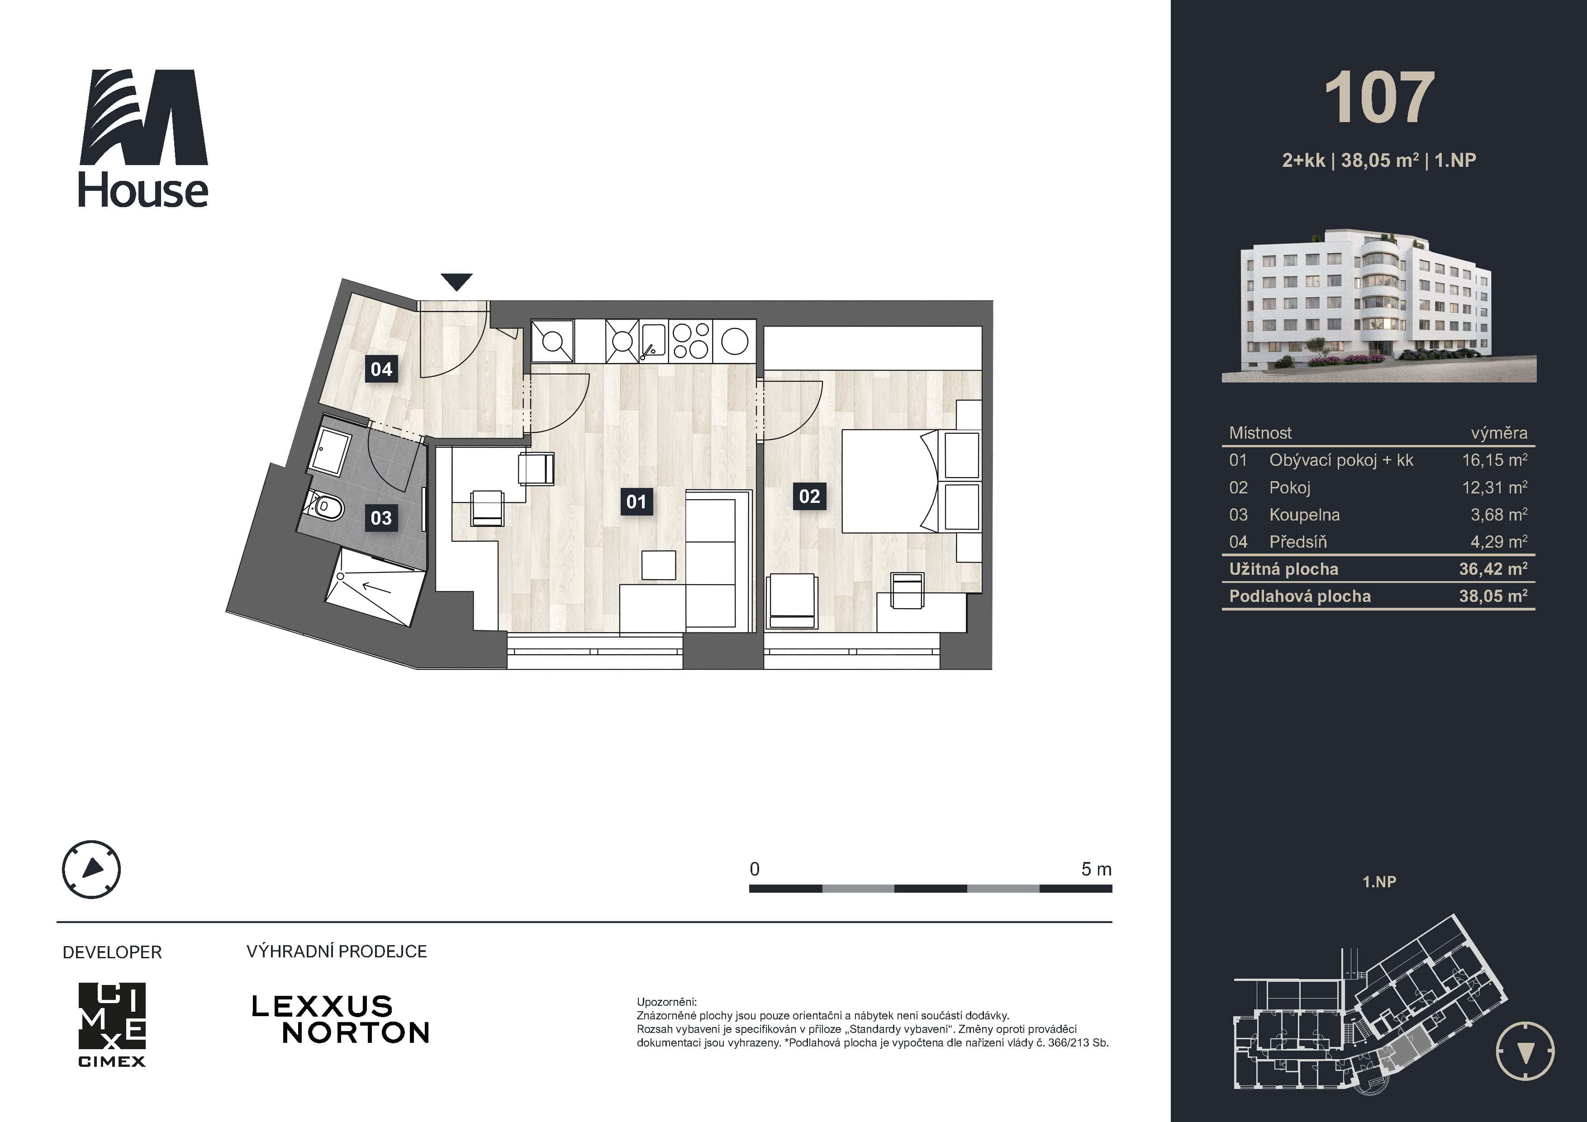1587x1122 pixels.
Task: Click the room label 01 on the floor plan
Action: pos(636,502)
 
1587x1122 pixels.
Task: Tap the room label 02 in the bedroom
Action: pos(809,496)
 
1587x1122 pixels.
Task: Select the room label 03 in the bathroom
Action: pos(381,517)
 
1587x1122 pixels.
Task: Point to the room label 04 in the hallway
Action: pos(381,369)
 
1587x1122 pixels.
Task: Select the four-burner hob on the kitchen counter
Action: pos(690,341)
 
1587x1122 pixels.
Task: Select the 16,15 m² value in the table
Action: pos(1494,460)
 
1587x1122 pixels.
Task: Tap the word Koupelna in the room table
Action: pos(1304,515)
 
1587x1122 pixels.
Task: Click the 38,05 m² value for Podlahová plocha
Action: pos(1493,596)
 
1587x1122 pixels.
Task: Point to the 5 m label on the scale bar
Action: pos(1096,869)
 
